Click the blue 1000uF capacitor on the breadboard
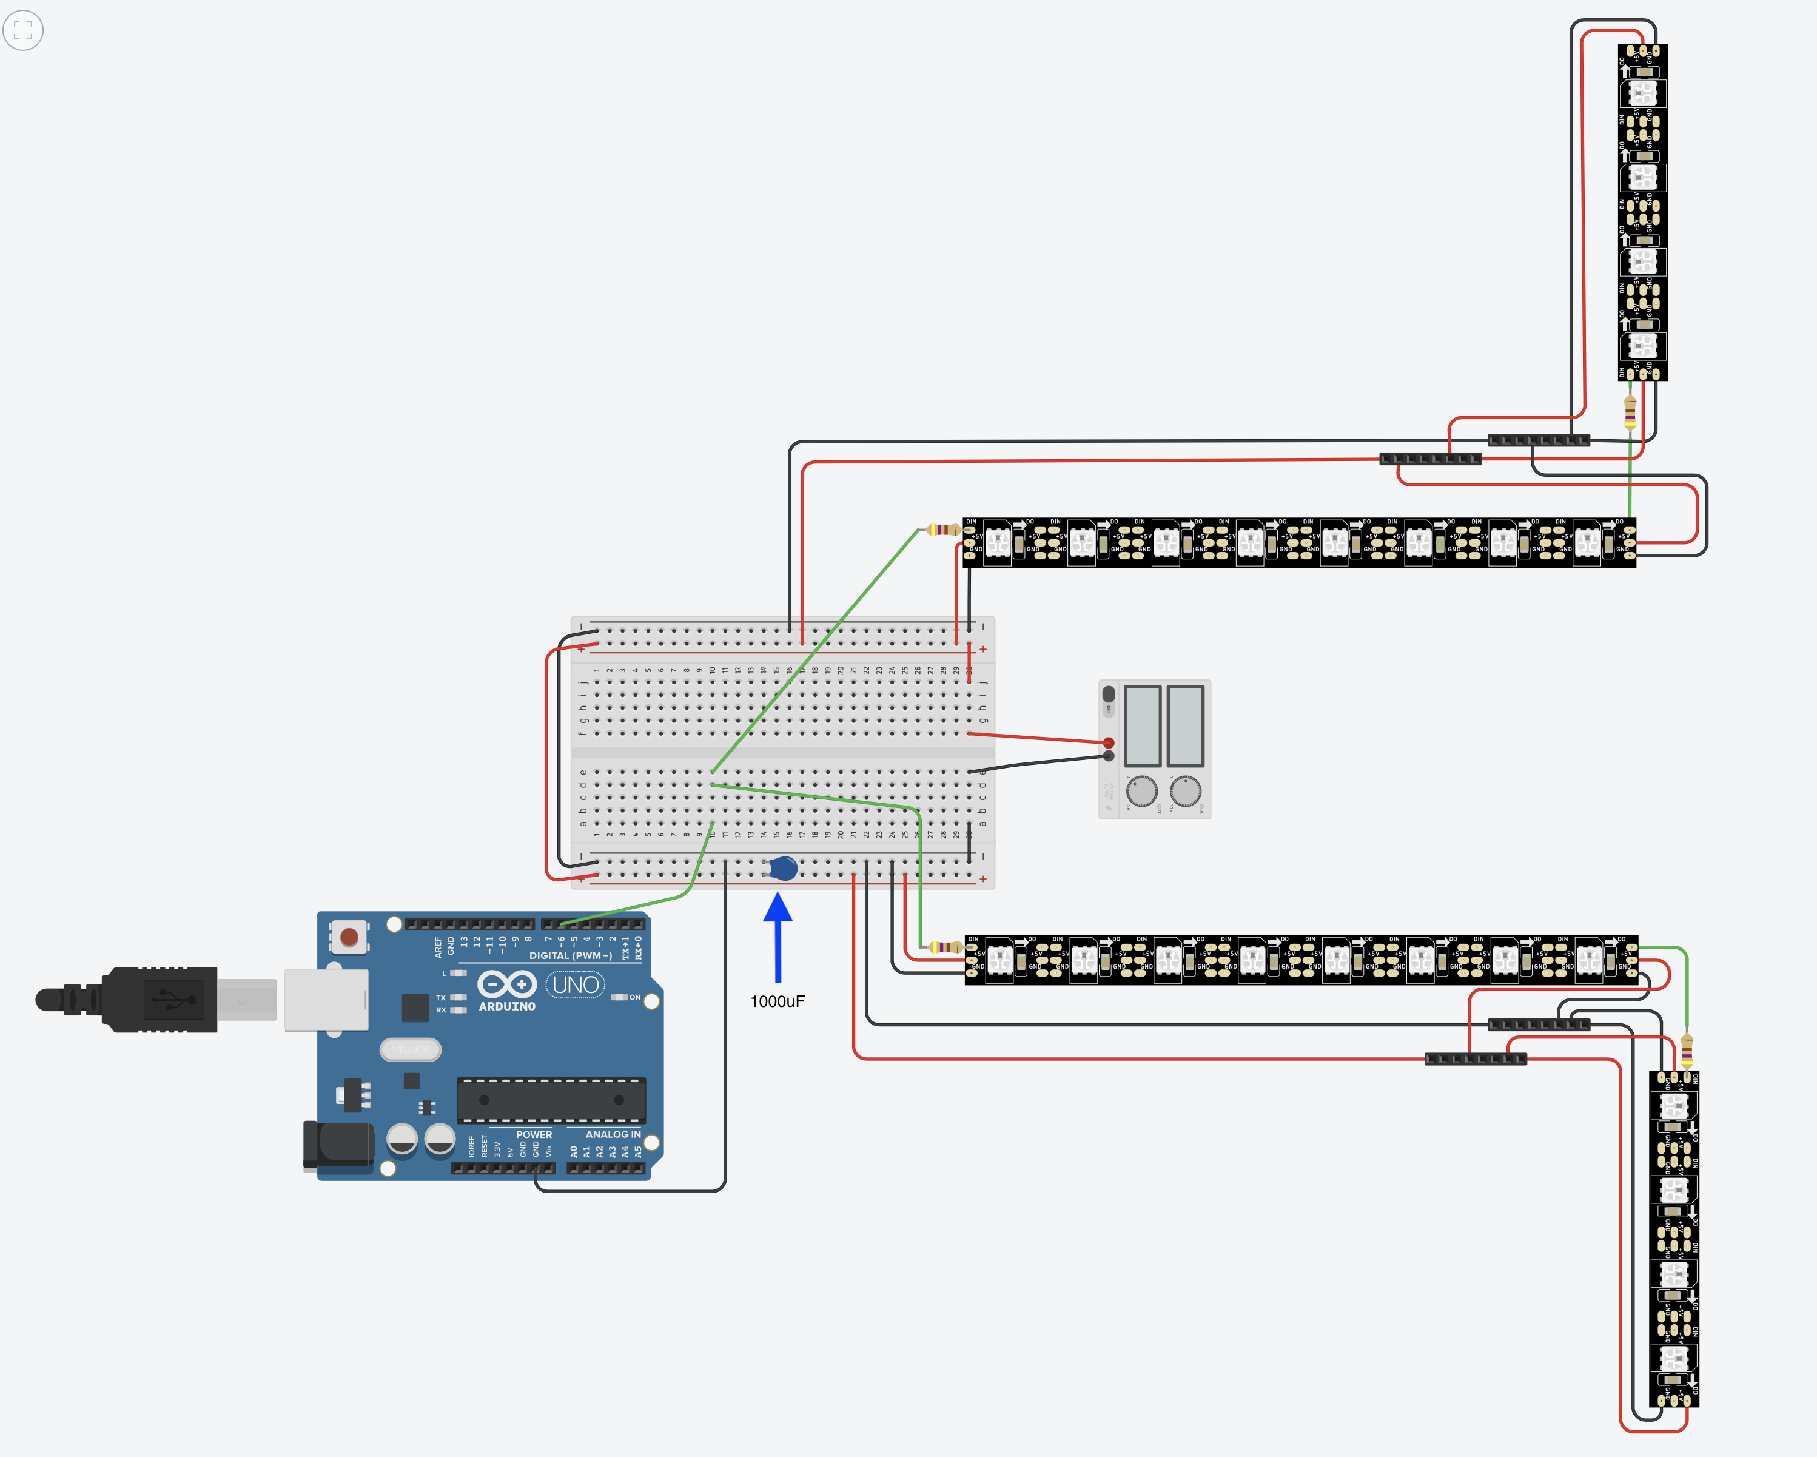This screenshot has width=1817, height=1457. point(783,868)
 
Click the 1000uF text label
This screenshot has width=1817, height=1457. point(777,1001)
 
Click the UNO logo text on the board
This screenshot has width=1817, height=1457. point(576,984)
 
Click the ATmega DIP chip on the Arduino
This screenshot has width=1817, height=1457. point(551,1100)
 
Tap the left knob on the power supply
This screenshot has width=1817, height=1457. point(1142,791)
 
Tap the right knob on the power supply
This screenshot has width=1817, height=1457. point(1186,791)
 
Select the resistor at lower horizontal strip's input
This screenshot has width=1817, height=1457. point(945,947)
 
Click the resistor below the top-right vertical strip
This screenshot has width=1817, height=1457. point(1630,413)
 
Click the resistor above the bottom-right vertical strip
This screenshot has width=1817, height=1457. point(1687,1051)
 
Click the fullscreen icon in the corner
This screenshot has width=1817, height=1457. point(24,30)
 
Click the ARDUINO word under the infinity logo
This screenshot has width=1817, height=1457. point(506,1006)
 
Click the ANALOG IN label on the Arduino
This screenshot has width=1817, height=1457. point(613,1134)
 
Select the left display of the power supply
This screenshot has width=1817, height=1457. point(1143,725)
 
